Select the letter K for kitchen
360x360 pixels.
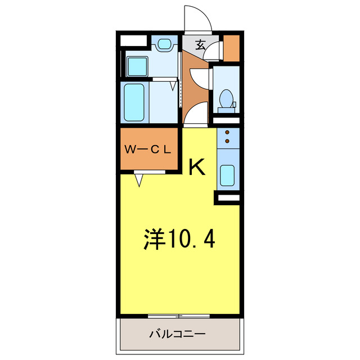(x=196, y=167)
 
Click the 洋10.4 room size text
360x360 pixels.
(x=179, y=240)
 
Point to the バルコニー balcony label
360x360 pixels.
(x=177, y=334)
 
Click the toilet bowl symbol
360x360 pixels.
(x=226, y=98)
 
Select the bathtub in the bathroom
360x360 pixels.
(x=135, y=102)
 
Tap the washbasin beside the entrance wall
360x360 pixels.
(x=165, y=43)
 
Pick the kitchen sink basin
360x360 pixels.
(x=228, y=175)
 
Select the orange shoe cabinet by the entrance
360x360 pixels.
(x=231, y=49)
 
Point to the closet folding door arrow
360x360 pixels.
(x=139, y=180)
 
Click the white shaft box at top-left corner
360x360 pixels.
(x=133, y=40)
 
